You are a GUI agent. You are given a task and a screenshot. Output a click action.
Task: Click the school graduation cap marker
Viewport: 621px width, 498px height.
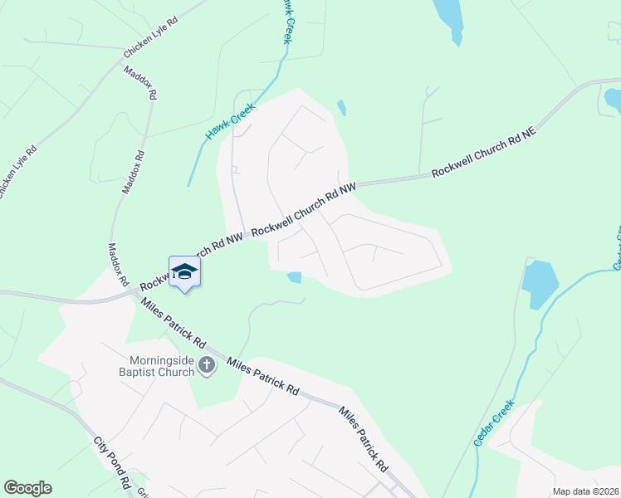(184, 272)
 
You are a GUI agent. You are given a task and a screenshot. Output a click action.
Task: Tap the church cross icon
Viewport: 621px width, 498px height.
(206, 365)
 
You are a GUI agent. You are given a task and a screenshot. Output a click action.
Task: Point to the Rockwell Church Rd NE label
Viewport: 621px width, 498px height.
(486, 156)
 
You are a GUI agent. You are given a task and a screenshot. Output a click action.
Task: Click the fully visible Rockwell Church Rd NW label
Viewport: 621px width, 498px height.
(304, 211)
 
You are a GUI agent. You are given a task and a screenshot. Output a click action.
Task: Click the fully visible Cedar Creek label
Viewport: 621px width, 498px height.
(494, 423)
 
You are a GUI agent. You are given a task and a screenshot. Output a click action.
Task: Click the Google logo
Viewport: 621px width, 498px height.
(27, 488)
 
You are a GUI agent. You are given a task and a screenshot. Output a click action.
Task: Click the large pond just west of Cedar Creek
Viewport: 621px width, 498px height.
(539, 283)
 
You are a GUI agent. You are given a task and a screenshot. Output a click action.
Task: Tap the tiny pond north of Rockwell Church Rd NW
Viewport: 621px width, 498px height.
(341, 107)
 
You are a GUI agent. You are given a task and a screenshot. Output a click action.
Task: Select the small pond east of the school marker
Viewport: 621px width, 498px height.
(293, 278)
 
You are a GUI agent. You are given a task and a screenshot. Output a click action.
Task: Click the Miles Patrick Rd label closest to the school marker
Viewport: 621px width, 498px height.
(174, 322)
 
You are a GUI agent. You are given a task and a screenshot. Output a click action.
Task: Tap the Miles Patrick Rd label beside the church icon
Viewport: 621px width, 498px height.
(262, 376)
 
